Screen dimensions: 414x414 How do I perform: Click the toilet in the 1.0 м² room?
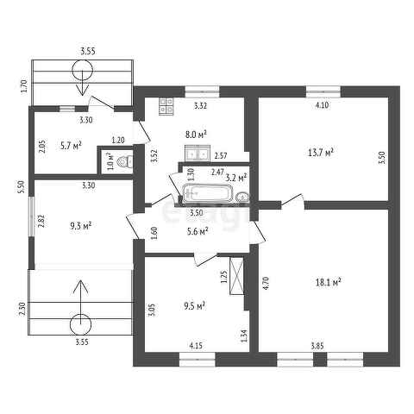[125, 162]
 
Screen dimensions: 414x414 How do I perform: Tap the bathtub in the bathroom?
[207, 194]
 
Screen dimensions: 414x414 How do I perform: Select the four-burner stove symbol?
[166, 106]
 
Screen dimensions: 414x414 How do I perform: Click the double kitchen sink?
[197, 153]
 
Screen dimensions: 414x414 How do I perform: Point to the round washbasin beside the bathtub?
[242, 198]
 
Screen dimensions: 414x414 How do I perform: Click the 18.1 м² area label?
[328, 282]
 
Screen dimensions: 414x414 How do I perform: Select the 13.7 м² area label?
[321, 153]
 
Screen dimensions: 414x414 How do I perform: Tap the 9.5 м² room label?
[194, 306]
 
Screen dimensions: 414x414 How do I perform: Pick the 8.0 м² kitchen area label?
[197, 135]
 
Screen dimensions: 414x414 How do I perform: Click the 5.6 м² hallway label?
[198, 231]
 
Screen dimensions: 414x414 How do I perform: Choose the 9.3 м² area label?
[81, 226]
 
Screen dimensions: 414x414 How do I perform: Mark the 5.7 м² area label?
[71, 146]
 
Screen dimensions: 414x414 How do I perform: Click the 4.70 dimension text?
[266, 283]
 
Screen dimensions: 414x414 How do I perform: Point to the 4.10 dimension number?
[322, 105]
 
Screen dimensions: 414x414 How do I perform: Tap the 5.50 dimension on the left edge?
[22, 187]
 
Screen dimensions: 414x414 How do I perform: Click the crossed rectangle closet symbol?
[237, 276]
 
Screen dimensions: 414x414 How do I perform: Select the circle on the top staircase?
[83, 71]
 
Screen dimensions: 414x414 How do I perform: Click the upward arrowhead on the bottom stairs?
[81, 286]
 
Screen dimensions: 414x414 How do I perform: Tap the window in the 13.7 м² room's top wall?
[323, 91]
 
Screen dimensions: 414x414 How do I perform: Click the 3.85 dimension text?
[317, 346]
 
